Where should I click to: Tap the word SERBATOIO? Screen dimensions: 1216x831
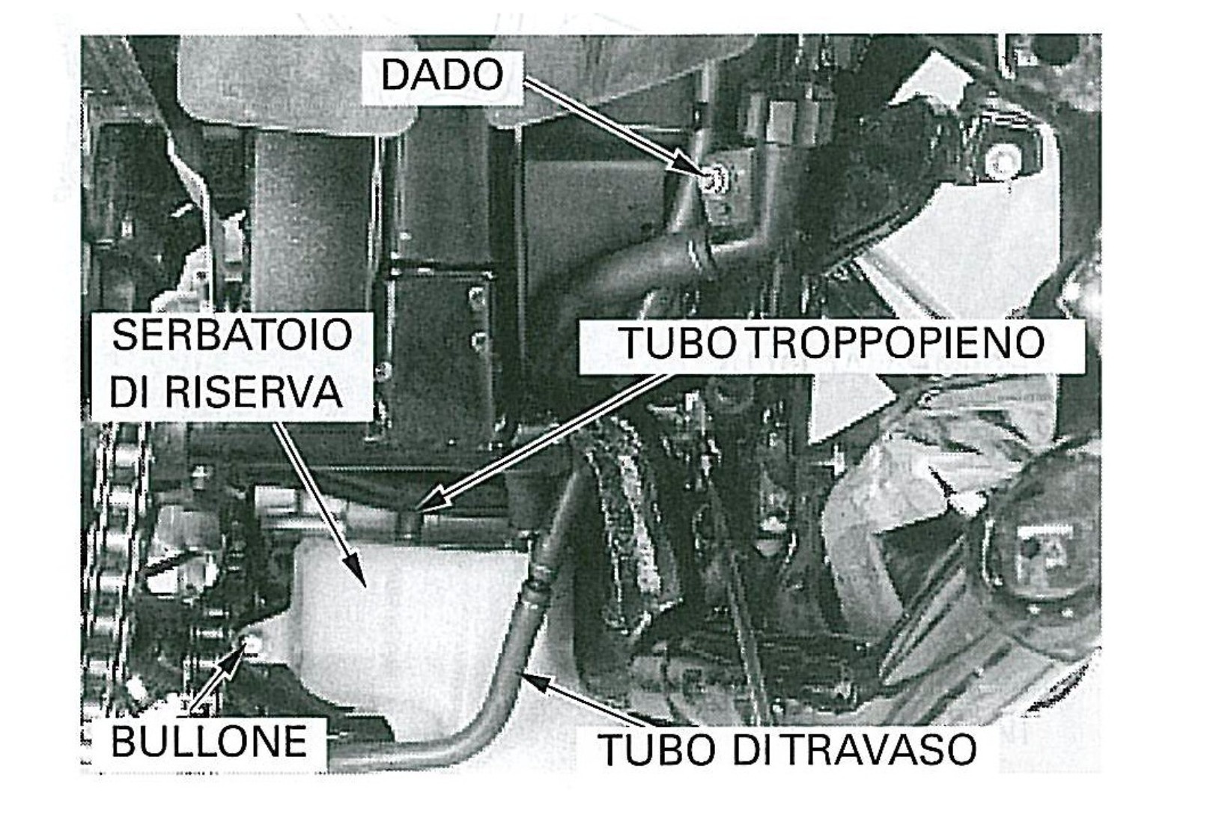point(232,335)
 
